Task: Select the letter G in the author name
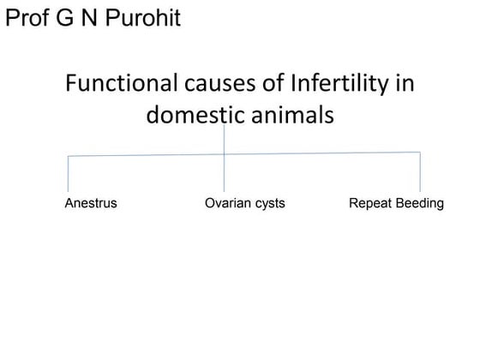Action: [70, 17]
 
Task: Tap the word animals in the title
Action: [291, 114]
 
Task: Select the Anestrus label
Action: [91, 204]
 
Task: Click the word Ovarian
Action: [226, 204]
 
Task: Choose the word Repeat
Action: [369, 204]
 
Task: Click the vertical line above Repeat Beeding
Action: [420, 172]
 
